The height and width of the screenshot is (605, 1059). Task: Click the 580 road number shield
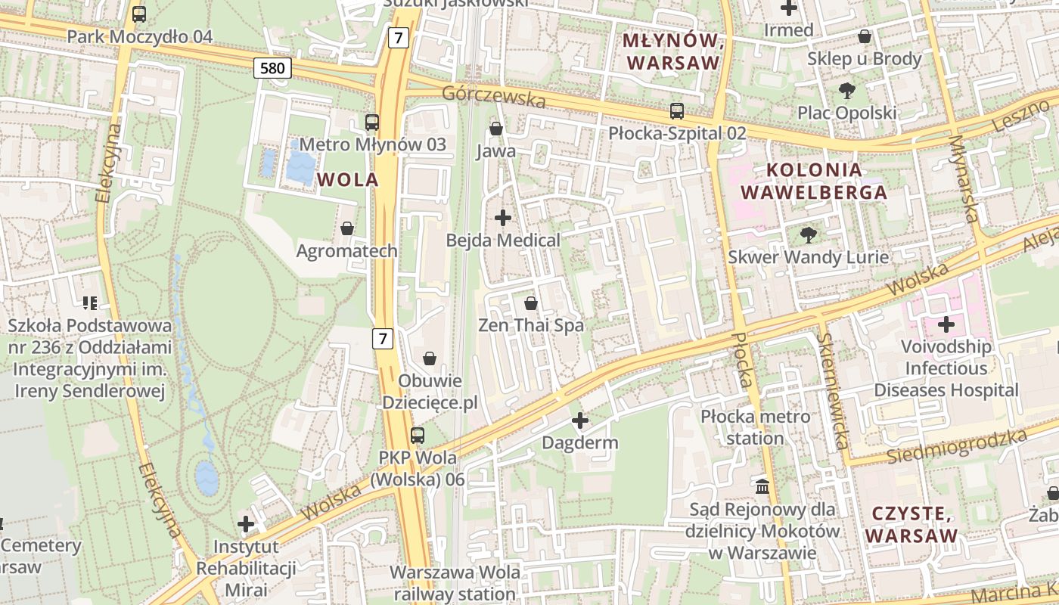pyautogui.click(x=272, y=69)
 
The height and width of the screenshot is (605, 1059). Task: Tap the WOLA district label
pyautogui.click(x=348, y=180)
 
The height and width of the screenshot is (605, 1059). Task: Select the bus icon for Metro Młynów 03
pyautogui.click(x=372, y=122)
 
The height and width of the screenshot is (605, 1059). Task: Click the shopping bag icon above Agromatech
pyautogui.click(x=347, y=228)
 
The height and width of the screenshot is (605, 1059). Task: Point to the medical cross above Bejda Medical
pyautogui.click(x=503, y=218)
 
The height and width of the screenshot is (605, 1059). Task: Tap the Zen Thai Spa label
pyautogui.click(x=531, y=325)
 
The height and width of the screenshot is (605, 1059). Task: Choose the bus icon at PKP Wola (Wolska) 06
pyautogui.click(x=418, y=435)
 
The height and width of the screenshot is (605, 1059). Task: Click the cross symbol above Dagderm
pyautogui.click(x=580, y=420)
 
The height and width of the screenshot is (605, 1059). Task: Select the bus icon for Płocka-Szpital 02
pyautogui.click(x=677, y=111)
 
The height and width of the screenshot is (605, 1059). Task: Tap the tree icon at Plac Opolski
pyautogui.click(x=846, y=91)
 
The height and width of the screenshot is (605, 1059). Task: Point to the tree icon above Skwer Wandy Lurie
pyautogui.click(x=809, y=235)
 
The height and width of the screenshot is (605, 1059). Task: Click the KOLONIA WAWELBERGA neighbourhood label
pyautogui.click(x=814, y=181)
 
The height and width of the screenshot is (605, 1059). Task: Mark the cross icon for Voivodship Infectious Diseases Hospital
pyautogui.click(x=946, y=325)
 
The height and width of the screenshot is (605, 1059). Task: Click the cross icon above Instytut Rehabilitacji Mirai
pyautogui.click(x=246, y=523)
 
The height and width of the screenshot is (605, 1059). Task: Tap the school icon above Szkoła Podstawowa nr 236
pyautogui.click(x=90, y=303)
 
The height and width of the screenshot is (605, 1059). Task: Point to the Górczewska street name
pyautogui.click(x=494, y=97)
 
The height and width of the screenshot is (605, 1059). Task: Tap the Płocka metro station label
pyautogui.click(x=755, y=427)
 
